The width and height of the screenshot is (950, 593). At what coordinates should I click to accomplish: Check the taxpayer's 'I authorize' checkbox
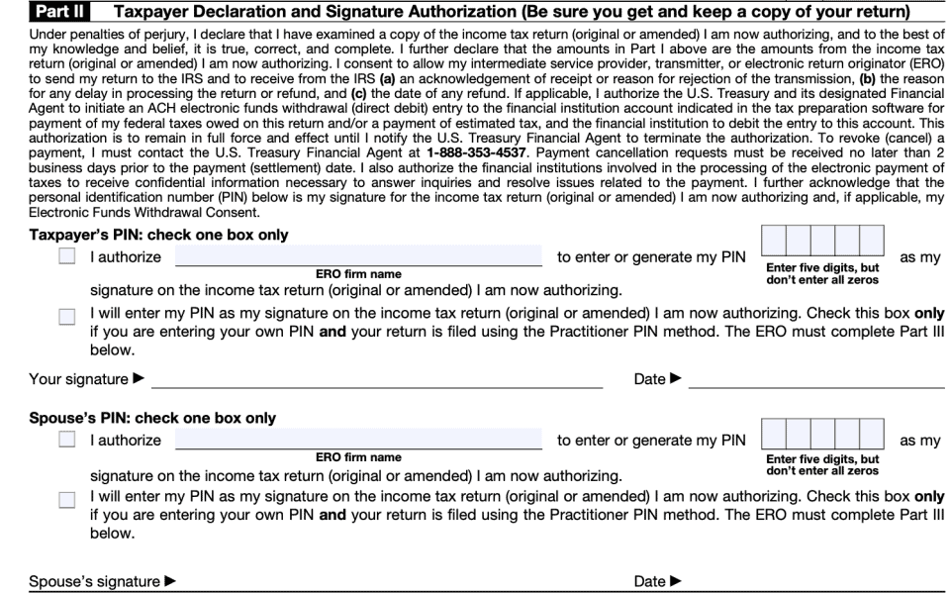(66, 257)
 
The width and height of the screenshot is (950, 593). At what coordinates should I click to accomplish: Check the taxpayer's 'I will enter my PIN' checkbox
(66, 316)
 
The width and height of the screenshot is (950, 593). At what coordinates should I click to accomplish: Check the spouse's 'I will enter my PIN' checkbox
(66, 499)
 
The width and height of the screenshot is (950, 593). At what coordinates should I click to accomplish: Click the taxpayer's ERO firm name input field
(358, 256)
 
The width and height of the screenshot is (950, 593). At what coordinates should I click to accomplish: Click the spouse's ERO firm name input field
(358, 439)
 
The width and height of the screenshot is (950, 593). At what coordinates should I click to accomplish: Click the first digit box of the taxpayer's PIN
(775, 242)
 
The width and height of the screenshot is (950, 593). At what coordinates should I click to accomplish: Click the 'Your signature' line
(376, 378)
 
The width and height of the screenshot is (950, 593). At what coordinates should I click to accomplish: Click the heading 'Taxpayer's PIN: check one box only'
(158, 235)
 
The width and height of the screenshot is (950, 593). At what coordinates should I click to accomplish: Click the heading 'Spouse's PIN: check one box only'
(152, 418)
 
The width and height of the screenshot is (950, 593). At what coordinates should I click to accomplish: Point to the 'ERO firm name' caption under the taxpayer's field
(358, 274)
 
